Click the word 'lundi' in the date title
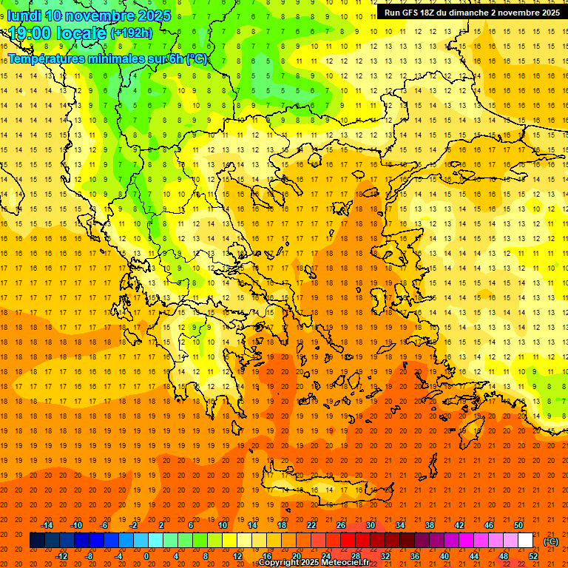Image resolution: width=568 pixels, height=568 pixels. click(23, 16)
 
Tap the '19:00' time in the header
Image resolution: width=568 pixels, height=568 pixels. click(30, 33)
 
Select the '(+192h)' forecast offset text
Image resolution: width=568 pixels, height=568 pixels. click(132, 33)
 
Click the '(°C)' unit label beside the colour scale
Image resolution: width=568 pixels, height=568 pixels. click(551, 542)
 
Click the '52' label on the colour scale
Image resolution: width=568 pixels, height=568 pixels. click(532, 556)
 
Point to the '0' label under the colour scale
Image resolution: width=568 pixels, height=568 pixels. click(147, 556)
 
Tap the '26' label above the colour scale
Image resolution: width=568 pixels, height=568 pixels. click(341, 525)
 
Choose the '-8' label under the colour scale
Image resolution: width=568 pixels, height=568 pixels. click(89, 556)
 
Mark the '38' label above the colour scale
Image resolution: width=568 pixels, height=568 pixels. click(430, 525)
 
